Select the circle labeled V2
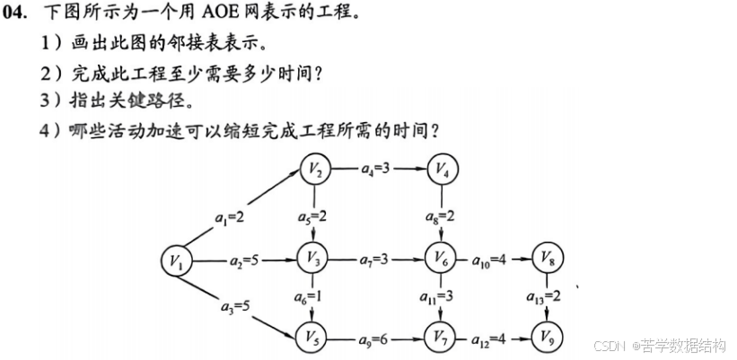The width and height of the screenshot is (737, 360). tap(314, 168)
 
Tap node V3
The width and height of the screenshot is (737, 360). tap(314, 259)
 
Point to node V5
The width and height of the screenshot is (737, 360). tap(314, 338)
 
